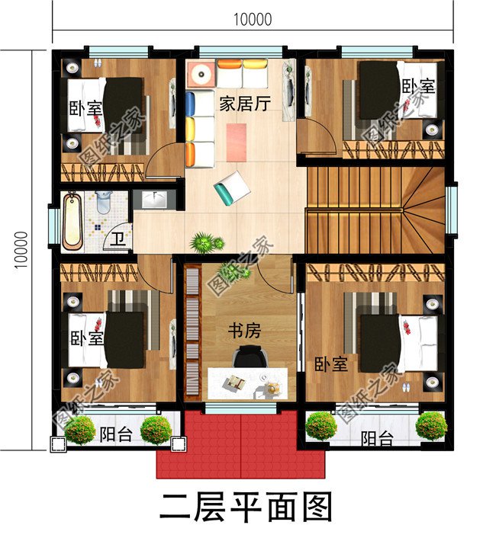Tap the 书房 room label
pyautogui.click(x=246, y=331)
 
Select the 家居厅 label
pyautogui.click(x=244, y=104)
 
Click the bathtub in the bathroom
pyautogui.click(x=72, y=221)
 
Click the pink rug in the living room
pyautogui.click(x=237, y=141)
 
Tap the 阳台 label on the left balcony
pyautogui.click(x=114, y=435)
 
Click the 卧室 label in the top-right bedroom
pyautogui.click(x=418, y=86)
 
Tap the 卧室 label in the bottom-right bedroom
pyautogui.click(x=330, y=364)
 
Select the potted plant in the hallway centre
pyautogui.click(x=203, y=243)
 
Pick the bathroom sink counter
pyautogui.click(x=154, y=200)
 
